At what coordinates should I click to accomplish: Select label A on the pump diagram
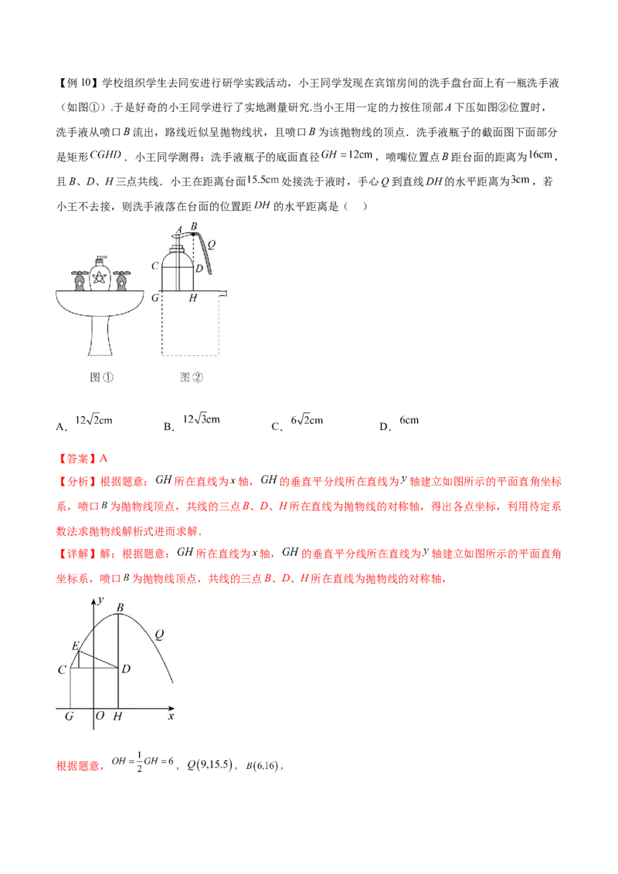tap(178, 229)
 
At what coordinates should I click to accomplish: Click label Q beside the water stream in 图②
tap(211, 242)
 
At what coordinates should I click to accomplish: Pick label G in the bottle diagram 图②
tap(155, 297)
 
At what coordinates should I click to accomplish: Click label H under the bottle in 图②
tap(192, 298)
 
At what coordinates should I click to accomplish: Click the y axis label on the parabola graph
tap(100, 599)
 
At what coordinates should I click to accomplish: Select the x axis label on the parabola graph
tap(171, 716)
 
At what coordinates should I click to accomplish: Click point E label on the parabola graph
tap(74, 645)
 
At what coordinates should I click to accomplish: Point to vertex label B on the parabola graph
tap(120, 608)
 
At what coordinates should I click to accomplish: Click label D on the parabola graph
tap(125, 668)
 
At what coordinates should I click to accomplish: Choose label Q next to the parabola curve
tap(159, 635)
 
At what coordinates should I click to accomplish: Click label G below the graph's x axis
tap(70, 717)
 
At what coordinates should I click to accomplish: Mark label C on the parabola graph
tap(61, 669)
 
